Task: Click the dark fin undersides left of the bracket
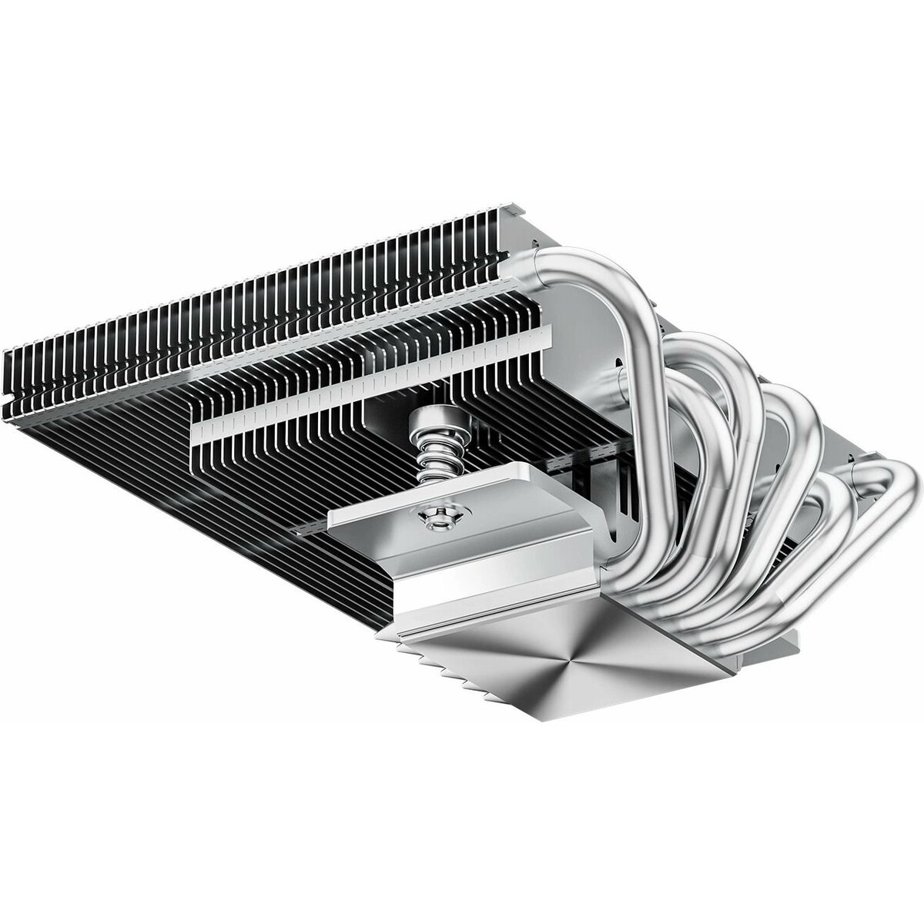[254, 493]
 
